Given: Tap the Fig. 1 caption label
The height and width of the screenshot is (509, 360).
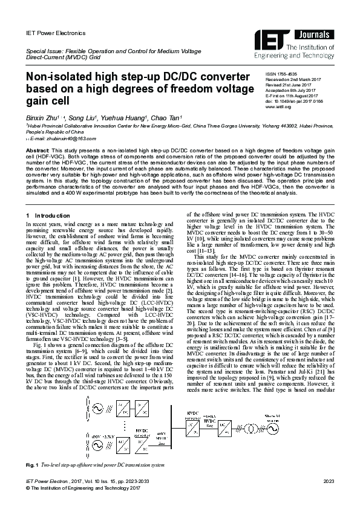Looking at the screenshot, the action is click(33, 465).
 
